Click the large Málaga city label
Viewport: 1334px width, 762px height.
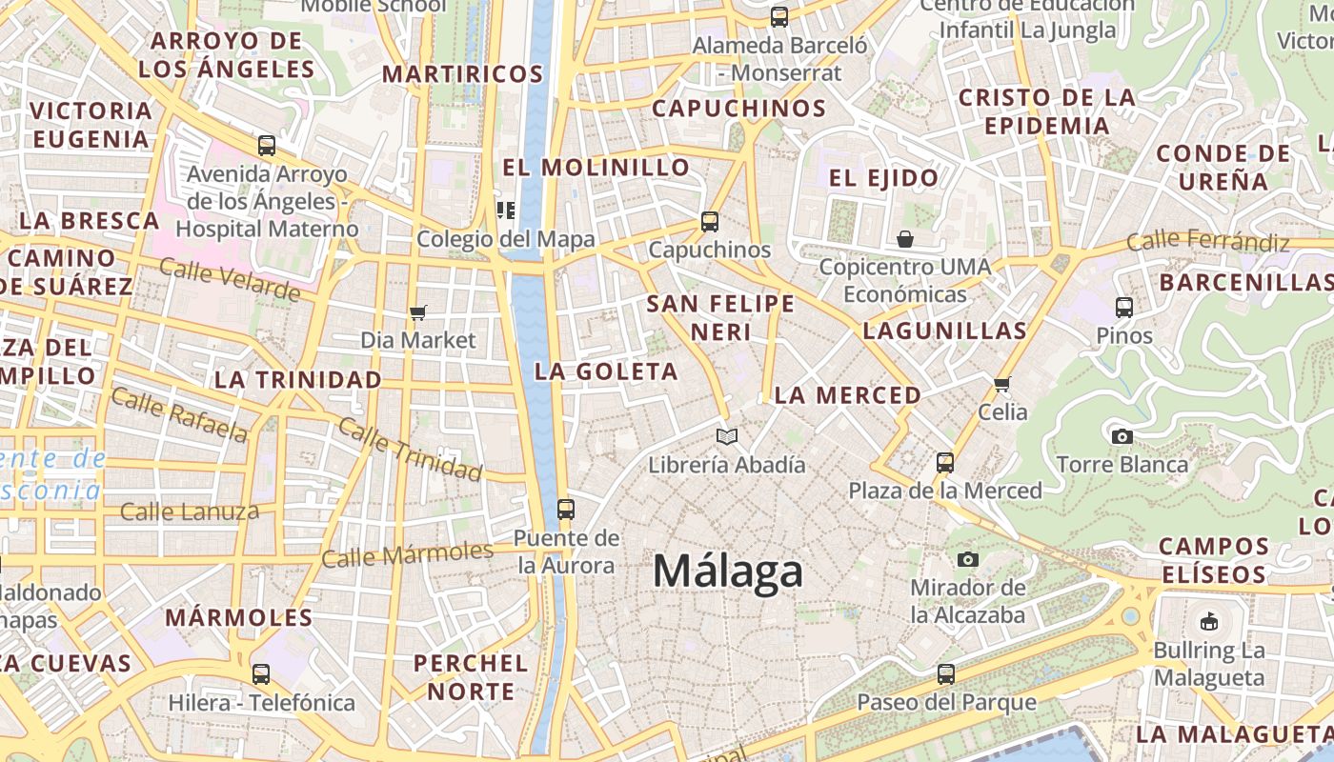tap(728, 571)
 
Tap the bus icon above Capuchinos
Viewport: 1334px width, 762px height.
tap(710, 222)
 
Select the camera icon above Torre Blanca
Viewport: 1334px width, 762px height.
tap(1122, 436)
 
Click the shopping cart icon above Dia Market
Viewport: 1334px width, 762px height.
tap(417, 312)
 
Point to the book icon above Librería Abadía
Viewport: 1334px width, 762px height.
tap(727, 437)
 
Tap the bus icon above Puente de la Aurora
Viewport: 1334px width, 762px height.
tap(566, 509)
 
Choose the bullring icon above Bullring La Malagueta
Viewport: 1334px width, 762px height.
tap(1209, 622)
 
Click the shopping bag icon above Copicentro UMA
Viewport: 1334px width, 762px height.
tap(905, 238)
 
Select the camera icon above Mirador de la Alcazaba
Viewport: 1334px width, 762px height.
tap(968, 559)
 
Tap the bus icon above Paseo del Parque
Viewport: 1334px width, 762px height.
tap(945, 674)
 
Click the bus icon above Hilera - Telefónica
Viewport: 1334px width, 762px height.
tap(261, 674)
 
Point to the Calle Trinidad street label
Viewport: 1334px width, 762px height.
tap(411, 449)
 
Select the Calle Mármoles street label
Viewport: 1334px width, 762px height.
tap(407, 553)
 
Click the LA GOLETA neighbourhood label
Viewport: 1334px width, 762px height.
tap(606, 371)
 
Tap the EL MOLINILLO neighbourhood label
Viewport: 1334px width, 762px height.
tap(596, 168)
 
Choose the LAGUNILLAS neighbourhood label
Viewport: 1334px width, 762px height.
tap(944, 331)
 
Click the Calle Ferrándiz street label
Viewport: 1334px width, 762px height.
tap(1207, 241)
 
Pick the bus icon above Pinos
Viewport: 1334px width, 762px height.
tap(1124, 308)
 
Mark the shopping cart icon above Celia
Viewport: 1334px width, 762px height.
tap(1001, 385)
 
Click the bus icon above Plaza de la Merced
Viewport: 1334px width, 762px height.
tap(945, 463)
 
